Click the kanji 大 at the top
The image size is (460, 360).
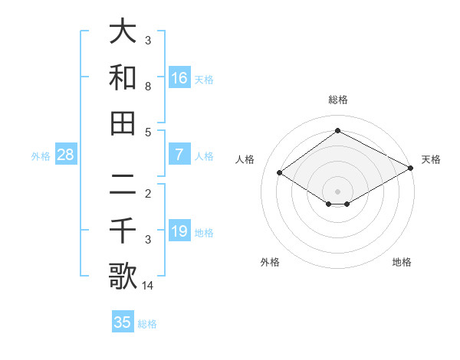point(123,32)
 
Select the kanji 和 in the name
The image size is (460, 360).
point(123,77)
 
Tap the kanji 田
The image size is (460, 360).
point(123,123)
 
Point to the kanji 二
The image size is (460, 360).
point(123,185)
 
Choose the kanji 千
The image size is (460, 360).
point(123,231)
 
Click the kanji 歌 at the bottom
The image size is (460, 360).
point(123,276)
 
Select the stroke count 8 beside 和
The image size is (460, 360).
point(147,86)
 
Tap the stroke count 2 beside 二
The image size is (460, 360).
point(147,194)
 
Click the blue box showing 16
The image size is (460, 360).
point(179,77)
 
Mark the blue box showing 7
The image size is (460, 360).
point(179,155)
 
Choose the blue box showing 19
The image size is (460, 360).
point(179,231)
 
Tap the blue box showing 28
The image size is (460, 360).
point(65,155)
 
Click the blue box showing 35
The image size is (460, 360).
point(123,322)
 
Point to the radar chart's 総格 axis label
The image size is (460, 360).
point(337,100)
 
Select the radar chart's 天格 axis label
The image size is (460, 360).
point(431,159)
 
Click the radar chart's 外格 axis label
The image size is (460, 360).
point(270,262)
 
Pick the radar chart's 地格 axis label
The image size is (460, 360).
point(402,262)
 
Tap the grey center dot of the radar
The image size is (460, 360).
point(337,191)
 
